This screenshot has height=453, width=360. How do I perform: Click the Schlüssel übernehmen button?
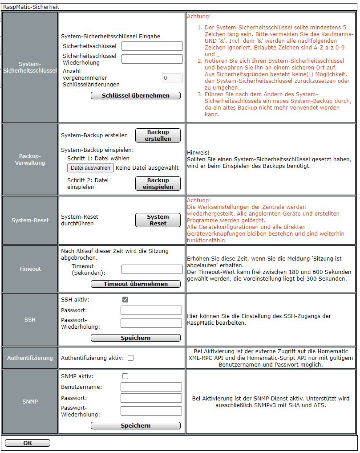pos(136,96)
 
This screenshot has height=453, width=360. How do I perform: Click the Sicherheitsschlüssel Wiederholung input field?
pos(152,59)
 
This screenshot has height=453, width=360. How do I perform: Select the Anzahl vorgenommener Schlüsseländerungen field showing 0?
pos(172,78)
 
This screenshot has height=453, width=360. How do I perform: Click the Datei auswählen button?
pos(90,168)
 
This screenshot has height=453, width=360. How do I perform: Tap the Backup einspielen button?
pos(158,184)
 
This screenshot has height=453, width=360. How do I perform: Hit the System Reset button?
pos(158,220)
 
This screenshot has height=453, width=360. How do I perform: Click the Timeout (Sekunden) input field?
pos(152,269)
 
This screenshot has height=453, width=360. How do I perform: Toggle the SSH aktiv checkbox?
pos(125,300)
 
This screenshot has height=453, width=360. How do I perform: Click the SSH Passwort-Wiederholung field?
pos(151,323)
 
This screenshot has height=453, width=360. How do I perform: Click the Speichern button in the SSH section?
pos(136,338)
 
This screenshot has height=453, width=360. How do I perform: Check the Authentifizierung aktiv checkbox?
pos(130,358)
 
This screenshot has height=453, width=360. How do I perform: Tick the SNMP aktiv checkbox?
pos(125,376)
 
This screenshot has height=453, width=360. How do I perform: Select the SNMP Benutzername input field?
pos(151,387)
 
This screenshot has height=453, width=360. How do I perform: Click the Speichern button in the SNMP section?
pos(136,426)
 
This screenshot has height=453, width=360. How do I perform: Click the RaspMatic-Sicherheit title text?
pos(31,7)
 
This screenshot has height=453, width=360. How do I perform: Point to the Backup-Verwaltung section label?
pos(30,159)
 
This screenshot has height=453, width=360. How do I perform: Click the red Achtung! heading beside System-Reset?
pos(198,200)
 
